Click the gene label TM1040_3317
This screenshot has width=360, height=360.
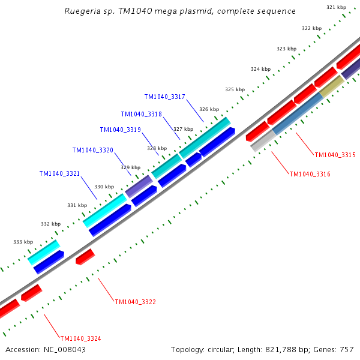point(164,97)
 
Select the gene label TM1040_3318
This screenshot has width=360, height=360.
point(141,114)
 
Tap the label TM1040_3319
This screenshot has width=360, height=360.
point(120,130)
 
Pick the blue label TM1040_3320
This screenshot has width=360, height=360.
point(92,150)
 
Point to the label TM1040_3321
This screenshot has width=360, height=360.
point(59,173)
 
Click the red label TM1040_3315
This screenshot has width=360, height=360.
point(335,155)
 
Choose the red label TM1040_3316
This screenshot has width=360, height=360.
point(310,174)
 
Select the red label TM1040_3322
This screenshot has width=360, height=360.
point(135,302)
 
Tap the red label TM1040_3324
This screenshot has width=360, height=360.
point(80,338)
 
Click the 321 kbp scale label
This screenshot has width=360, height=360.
point(336,7)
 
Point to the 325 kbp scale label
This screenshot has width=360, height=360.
point(235,89)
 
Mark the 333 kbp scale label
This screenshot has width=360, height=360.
point(23,242)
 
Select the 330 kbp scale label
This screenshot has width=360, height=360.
point(104,187)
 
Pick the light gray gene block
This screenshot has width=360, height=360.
point(262,142)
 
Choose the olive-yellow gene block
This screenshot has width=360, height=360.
point(331,86)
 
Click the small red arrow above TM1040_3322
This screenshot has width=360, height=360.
point(85,256)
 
